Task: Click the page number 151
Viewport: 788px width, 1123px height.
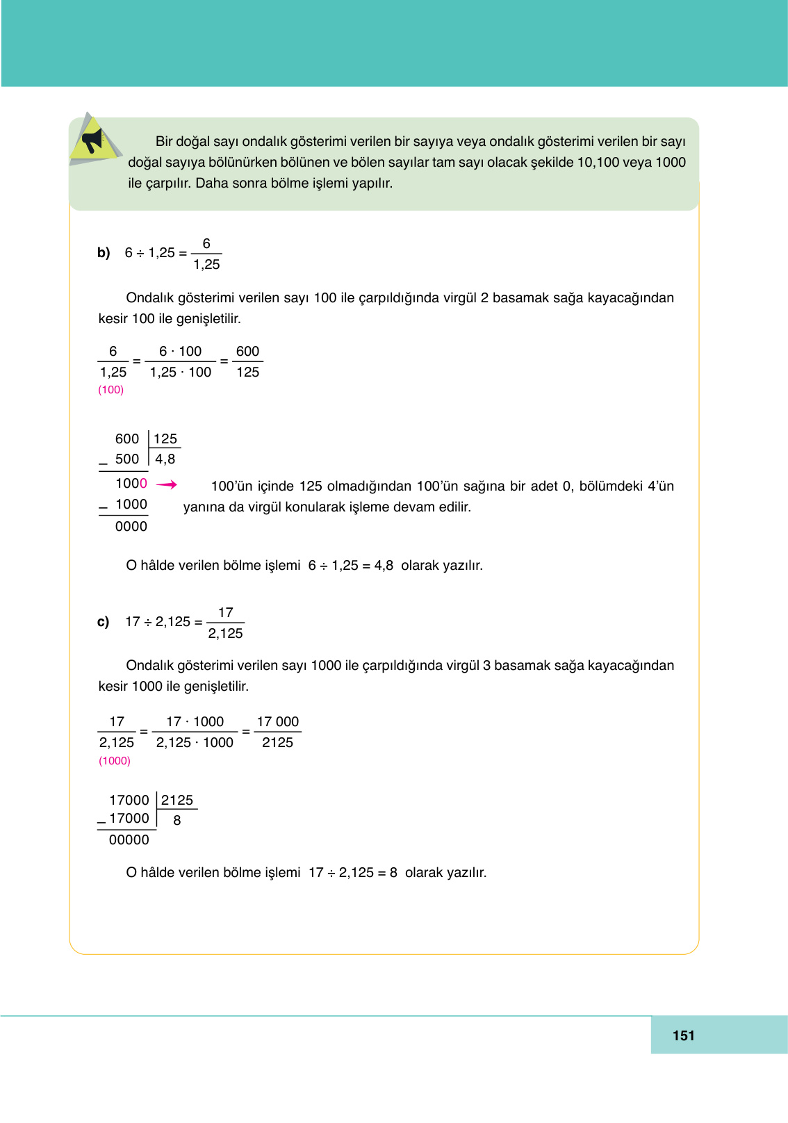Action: (683, 1035)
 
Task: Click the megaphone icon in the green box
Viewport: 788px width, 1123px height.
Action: (93, 140)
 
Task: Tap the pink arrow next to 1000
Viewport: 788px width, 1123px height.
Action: (167, 484)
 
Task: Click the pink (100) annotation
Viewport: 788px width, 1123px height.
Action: (110, 390)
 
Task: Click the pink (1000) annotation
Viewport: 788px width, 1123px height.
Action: (115, 761)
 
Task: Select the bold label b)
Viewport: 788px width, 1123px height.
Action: (104, 253)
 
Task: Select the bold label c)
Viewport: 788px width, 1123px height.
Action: (103, 622)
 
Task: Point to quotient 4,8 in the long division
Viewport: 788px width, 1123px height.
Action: (165, 459)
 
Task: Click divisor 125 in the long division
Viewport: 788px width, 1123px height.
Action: (165, 439)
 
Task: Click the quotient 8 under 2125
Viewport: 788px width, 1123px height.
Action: (177, 821)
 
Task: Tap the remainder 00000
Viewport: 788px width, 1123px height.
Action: (129, 840)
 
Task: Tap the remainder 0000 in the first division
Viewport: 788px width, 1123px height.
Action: (131, 527)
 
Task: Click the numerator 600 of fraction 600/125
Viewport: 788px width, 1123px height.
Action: (247, 352)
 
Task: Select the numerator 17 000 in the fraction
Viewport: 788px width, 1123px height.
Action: (277, 722)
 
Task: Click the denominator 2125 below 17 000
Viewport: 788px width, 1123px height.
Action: (277, 743)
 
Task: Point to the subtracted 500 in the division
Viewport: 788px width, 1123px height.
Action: (127, 459)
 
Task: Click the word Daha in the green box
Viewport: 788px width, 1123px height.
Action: (210, 183)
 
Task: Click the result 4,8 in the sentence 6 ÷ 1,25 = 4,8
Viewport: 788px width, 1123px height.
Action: (384, 566)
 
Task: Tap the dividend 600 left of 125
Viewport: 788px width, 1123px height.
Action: (127, 439)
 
